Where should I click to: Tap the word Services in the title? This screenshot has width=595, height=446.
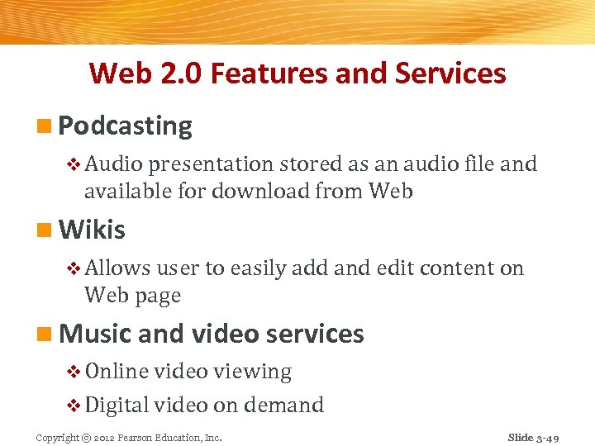click(x=450, y=74)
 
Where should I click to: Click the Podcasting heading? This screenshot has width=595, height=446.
click(x=126, y=126)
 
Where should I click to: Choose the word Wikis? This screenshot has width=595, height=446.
click(x=93, y=229)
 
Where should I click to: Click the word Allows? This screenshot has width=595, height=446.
click(x=117, y=268)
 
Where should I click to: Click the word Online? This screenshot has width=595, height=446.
click(x=117, y=372)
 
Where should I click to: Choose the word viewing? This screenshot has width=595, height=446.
click(x=252, y=372)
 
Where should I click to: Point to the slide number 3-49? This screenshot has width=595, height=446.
click(x=547, y=437)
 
